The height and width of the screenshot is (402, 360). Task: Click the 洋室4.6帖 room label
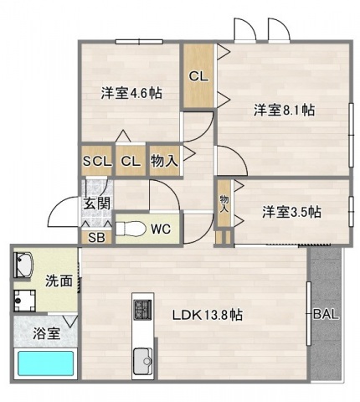click(x=131, y=93)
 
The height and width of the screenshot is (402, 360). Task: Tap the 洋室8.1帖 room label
click(x=285, y=109)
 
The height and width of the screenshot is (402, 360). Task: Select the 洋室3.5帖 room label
click(x=290, y=213)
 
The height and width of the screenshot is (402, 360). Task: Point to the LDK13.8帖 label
click(x=208, y=316)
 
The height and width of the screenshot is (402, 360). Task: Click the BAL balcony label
click(x=327, y=316)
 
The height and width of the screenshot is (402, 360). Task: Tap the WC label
click(x=161, y=228)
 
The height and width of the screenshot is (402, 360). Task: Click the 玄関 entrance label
click(x=96, y=202)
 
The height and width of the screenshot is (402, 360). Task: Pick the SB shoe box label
click(x=97, y=237)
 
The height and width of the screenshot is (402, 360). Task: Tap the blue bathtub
click(x=47, y=364)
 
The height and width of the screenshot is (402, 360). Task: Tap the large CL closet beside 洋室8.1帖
click(x=199, y=76)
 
